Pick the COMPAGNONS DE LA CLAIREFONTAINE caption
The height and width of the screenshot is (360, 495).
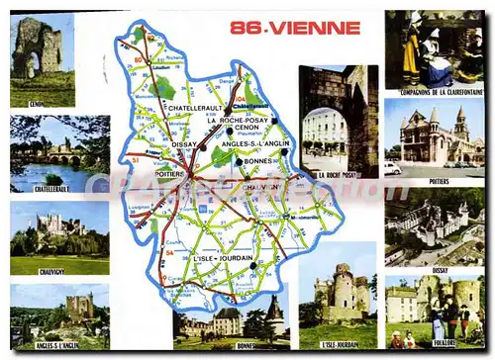[x=433, y=91]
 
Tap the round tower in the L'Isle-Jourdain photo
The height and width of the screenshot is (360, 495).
[x=343, y=293]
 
